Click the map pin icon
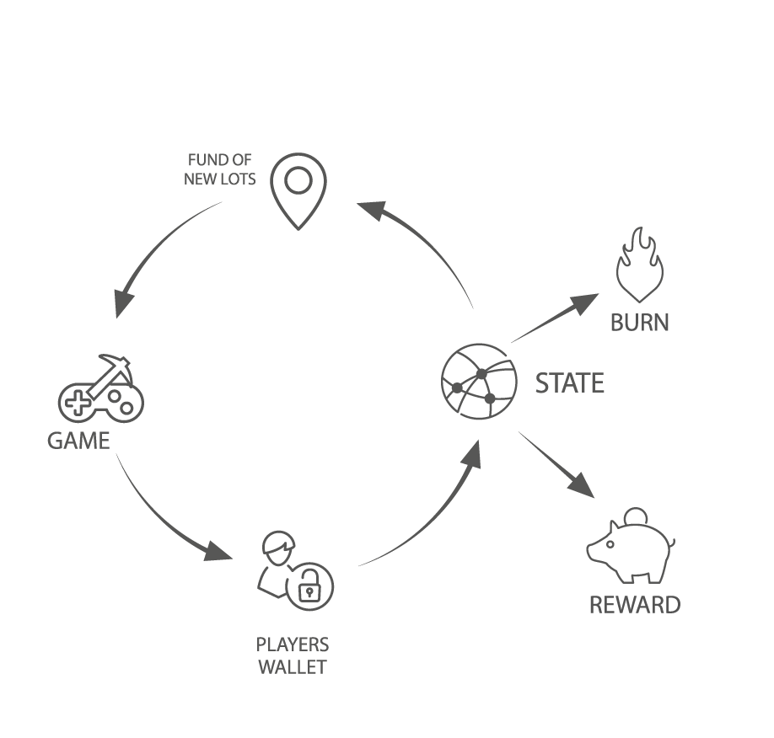point(298,189)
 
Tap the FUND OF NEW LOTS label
point(220,169)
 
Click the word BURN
point(640,323)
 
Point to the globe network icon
point(479,381)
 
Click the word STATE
point(570,384)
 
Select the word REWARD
point(634,605)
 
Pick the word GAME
point(78,441)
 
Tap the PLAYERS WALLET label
point(293,656)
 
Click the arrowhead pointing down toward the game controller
point(124,302)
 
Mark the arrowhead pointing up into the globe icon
point(472,454)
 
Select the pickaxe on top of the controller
point(108,372)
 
